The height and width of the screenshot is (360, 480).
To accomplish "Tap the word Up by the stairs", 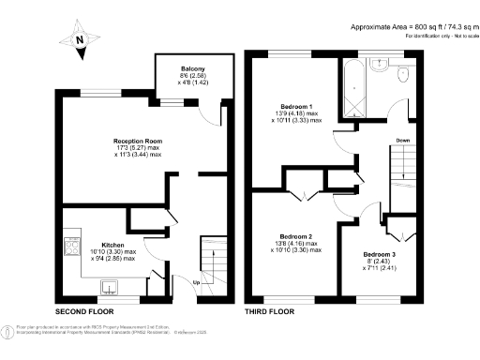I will click(x=195, y=282).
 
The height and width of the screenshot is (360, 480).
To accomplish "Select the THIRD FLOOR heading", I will click(x=271, y=310).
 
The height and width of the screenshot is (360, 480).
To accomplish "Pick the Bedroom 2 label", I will click(x=296, y=236).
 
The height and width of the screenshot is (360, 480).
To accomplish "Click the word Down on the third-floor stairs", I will click(x=402, y=141).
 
